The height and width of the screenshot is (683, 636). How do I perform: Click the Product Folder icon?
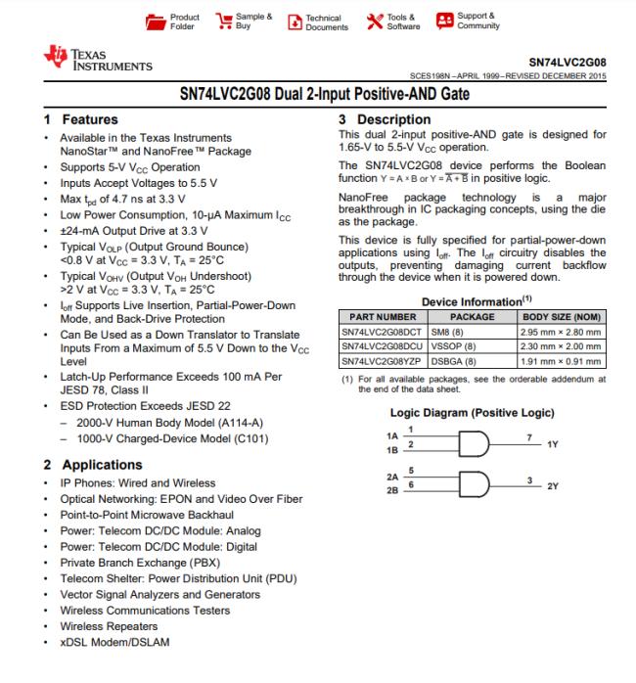[x=157, y=21]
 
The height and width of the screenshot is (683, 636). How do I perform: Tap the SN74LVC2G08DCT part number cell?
[x=379, y=332]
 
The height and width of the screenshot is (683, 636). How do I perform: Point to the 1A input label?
[x=393, y=434]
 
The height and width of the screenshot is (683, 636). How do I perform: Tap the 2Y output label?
[x=552, y=486]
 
